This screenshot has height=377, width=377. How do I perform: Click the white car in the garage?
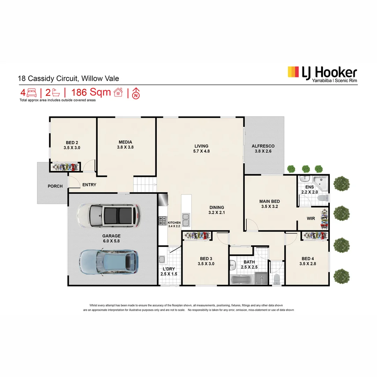(108, 215)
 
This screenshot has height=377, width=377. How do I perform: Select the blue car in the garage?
(108, 261)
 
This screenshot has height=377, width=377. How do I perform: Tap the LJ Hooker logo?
(322, 74)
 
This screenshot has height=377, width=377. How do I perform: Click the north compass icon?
(136, 93)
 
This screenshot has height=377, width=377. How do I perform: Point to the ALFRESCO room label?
(263, 146)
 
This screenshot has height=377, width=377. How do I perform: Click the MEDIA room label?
(125, 142)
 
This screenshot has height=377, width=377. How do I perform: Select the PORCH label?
(55, 186)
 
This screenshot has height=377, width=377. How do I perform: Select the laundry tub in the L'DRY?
(162, 259)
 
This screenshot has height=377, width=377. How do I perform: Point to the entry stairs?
(145, 184)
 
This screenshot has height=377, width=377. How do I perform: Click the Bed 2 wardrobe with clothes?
(65, 167)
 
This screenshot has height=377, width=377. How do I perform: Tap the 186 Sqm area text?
(91, 93)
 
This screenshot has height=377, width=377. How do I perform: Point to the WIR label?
(311, 219)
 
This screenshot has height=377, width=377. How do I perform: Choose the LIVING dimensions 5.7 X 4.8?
(201, 151)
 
